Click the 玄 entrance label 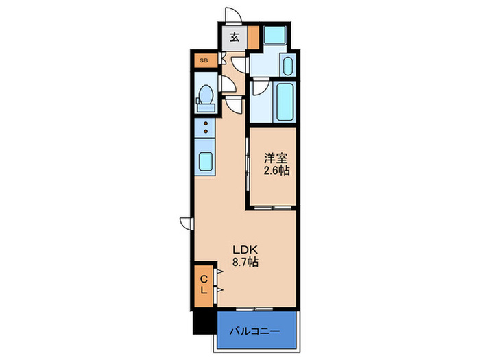(235, 38)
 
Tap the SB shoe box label (204, 60)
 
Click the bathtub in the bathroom (285, 102)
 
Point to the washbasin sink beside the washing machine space (288, 66)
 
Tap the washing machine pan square (274, 35)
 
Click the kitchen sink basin (206, 162)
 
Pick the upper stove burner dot (206, 123)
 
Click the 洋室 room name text (276, 158)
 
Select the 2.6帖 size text (277, 171)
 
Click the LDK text (245, 250)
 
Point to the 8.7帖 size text (245, 263)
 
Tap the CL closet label (204, 285)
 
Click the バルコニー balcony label (255, 331)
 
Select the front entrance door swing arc (233, 15)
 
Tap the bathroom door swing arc (261, 87)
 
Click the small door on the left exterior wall (187, 223)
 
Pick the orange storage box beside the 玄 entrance (253, 38)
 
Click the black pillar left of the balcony (205, 322)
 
